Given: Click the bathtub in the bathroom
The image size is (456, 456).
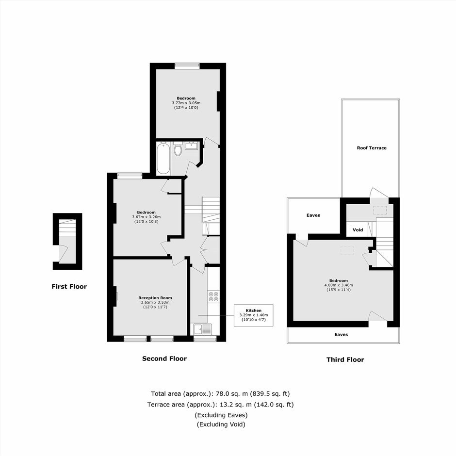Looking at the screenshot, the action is coord(163,159).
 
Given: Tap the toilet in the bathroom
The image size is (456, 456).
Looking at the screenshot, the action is coord(178,148).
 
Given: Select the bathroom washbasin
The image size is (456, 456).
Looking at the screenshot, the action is coord(192,146).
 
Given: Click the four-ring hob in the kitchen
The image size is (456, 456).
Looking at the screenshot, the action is coord(213,296).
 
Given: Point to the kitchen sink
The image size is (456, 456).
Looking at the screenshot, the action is coord(203,329).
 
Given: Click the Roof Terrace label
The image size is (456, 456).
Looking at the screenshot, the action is coord(372,148).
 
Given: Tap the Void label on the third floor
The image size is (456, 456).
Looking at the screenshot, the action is coord(358,230).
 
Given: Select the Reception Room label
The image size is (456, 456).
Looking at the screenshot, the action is coord(155,298).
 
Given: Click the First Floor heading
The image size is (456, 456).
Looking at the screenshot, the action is coord(69,286).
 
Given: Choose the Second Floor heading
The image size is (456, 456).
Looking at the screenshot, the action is coord(164,358).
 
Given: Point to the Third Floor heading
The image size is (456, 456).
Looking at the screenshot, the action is coord(345,360).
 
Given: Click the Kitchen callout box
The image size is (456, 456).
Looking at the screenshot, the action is coord(254,315).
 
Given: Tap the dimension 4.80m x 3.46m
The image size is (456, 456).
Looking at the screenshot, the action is coord(339,285).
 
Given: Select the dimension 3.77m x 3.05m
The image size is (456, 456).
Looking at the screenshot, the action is coord(186,103).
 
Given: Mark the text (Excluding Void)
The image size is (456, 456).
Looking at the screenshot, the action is coord(221,424).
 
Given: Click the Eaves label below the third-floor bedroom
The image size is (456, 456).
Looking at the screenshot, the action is coord(341,334).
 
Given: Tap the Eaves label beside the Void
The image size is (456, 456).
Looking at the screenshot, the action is coord(313,215).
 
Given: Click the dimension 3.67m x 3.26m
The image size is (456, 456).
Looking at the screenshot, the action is coord(147,217).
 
